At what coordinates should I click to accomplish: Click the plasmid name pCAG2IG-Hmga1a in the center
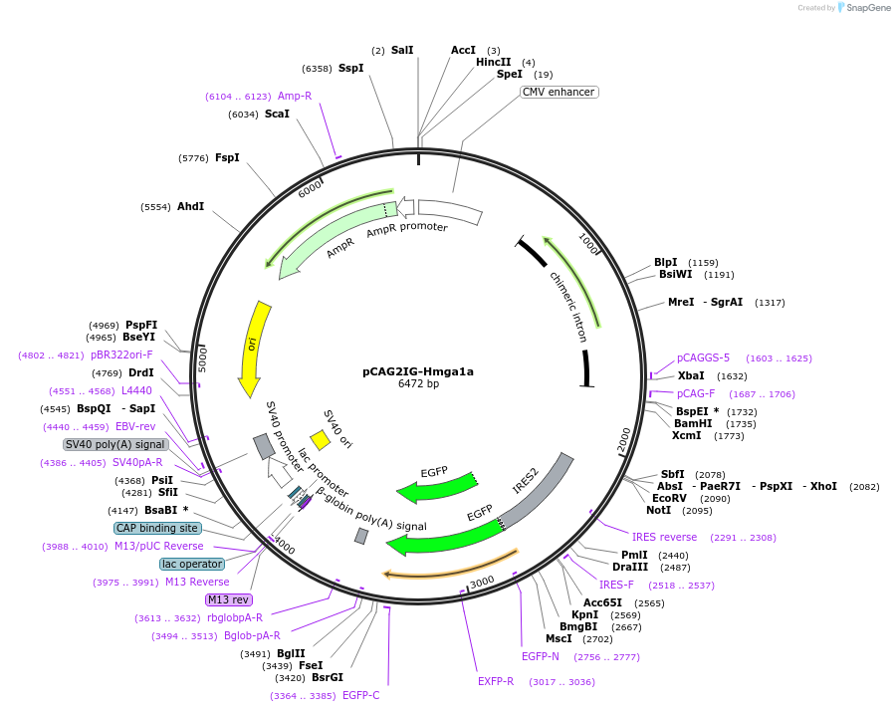coord(418,371)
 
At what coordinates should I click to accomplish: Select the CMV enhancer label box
coord(559,92)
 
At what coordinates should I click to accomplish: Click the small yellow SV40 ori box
coord(320,439)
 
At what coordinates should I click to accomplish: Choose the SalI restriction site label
coord(401,50)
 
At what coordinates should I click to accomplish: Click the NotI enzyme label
coord(658,510)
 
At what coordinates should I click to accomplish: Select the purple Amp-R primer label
coord(294,96)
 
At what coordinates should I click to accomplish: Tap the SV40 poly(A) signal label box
coord(114,444)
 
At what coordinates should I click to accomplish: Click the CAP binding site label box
coord(156,528)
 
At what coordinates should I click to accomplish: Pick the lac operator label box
coord(192,564)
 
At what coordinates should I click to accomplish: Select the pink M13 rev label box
coord(228,599)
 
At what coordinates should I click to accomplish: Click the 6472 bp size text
coord(418,383)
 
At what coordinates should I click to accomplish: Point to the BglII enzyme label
coord(291,653)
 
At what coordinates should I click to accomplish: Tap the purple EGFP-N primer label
coord(540,656)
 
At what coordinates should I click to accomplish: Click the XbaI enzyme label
coord(691,375)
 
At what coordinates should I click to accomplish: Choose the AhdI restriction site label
coord(190,206)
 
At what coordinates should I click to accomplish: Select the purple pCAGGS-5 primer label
coord(703,357)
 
